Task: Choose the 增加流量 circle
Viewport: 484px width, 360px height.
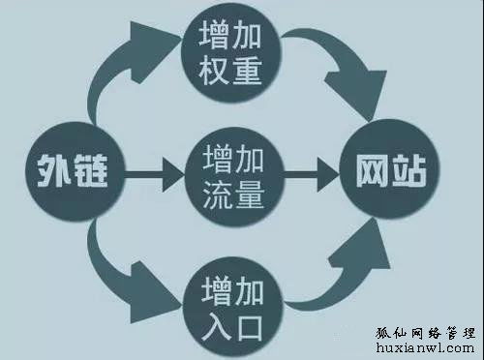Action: pos(231,177)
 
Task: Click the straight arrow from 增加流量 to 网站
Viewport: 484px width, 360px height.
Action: pos(310,177)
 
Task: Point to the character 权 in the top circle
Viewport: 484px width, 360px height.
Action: pos(216,72)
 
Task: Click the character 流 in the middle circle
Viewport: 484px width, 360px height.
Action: pos(216,194)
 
